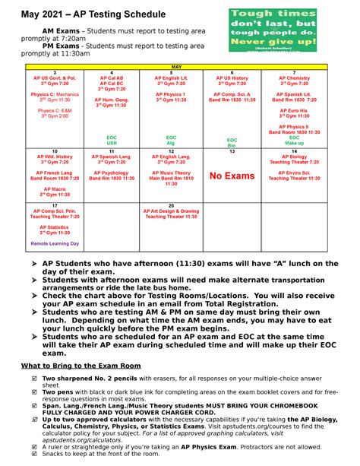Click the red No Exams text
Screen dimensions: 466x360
232,176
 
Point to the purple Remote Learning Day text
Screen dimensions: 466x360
54,243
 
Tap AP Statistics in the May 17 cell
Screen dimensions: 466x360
54,226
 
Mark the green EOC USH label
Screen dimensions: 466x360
112,140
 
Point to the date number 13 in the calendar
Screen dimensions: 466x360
232,151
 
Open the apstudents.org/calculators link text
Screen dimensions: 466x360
72,439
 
